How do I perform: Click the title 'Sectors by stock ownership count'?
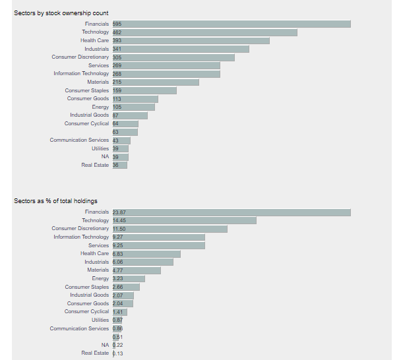[x=61, y=13]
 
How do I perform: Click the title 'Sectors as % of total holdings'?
[x=55, y=201]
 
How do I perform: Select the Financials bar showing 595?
[x=231, y=24]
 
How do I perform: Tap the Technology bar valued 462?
[x=204, y=32]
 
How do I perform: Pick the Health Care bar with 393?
[x=191, y=40]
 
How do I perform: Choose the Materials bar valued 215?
[x=155, y=82]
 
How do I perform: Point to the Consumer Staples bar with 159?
[x=144, y=90]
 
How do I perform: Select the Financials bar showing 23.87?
[x=231, y=212]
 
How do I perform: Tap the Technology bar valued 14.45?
[x=184, y=220]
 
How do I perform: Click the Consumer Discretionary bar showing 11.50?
[x=170, y=229]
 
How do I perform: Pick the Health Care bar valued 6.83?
[x=146, y=254]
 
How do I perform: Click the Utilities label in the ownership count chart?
[x=100, y=148]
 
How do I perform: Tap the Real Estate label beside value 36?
[x=95, y=165]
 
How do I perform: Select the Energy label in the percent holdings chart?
[x=100, y=278]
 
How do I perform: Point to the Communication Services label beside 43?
[x=79, y=140]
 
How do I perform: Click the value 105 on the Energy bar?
[x=117, y=107]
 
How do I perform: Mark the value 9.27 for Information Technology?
[x=118, y=237]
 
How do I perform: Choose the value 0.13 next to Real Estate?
[x=118, y=353]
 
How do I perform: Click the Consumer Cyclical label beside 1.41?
[x=86, y=312]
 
